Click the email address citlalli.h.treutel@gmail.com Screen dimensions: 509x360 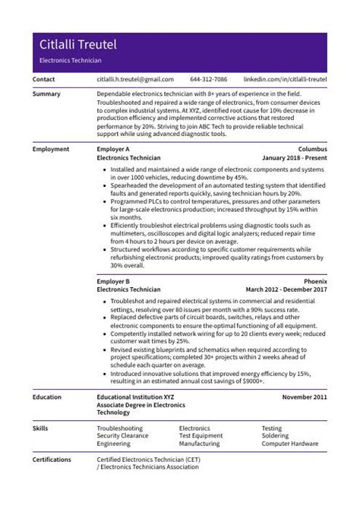[135, 79]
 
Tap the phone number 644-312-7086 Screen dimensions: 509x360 [208, 79]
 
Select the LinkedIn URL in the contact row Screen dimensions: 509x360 [285, 79]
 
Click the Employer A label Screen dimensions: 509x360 [114, 149]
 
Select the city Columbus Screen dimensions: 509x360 [312, 149]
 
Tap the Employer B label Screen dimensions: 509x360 [114, 281]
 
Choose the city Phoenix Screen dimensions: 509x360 [315, 281]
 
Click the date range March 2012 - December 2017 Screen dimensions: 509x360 [286, 289]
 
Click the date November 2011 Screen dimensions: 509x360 [305, 397]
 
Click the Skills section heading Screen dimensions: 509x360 [41, 428]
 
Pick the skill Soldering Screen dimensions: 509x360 [276, 436]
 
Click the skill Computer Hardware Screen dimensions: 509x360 [289, 444]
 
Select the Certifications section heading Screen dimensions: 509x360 [52, 460]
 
